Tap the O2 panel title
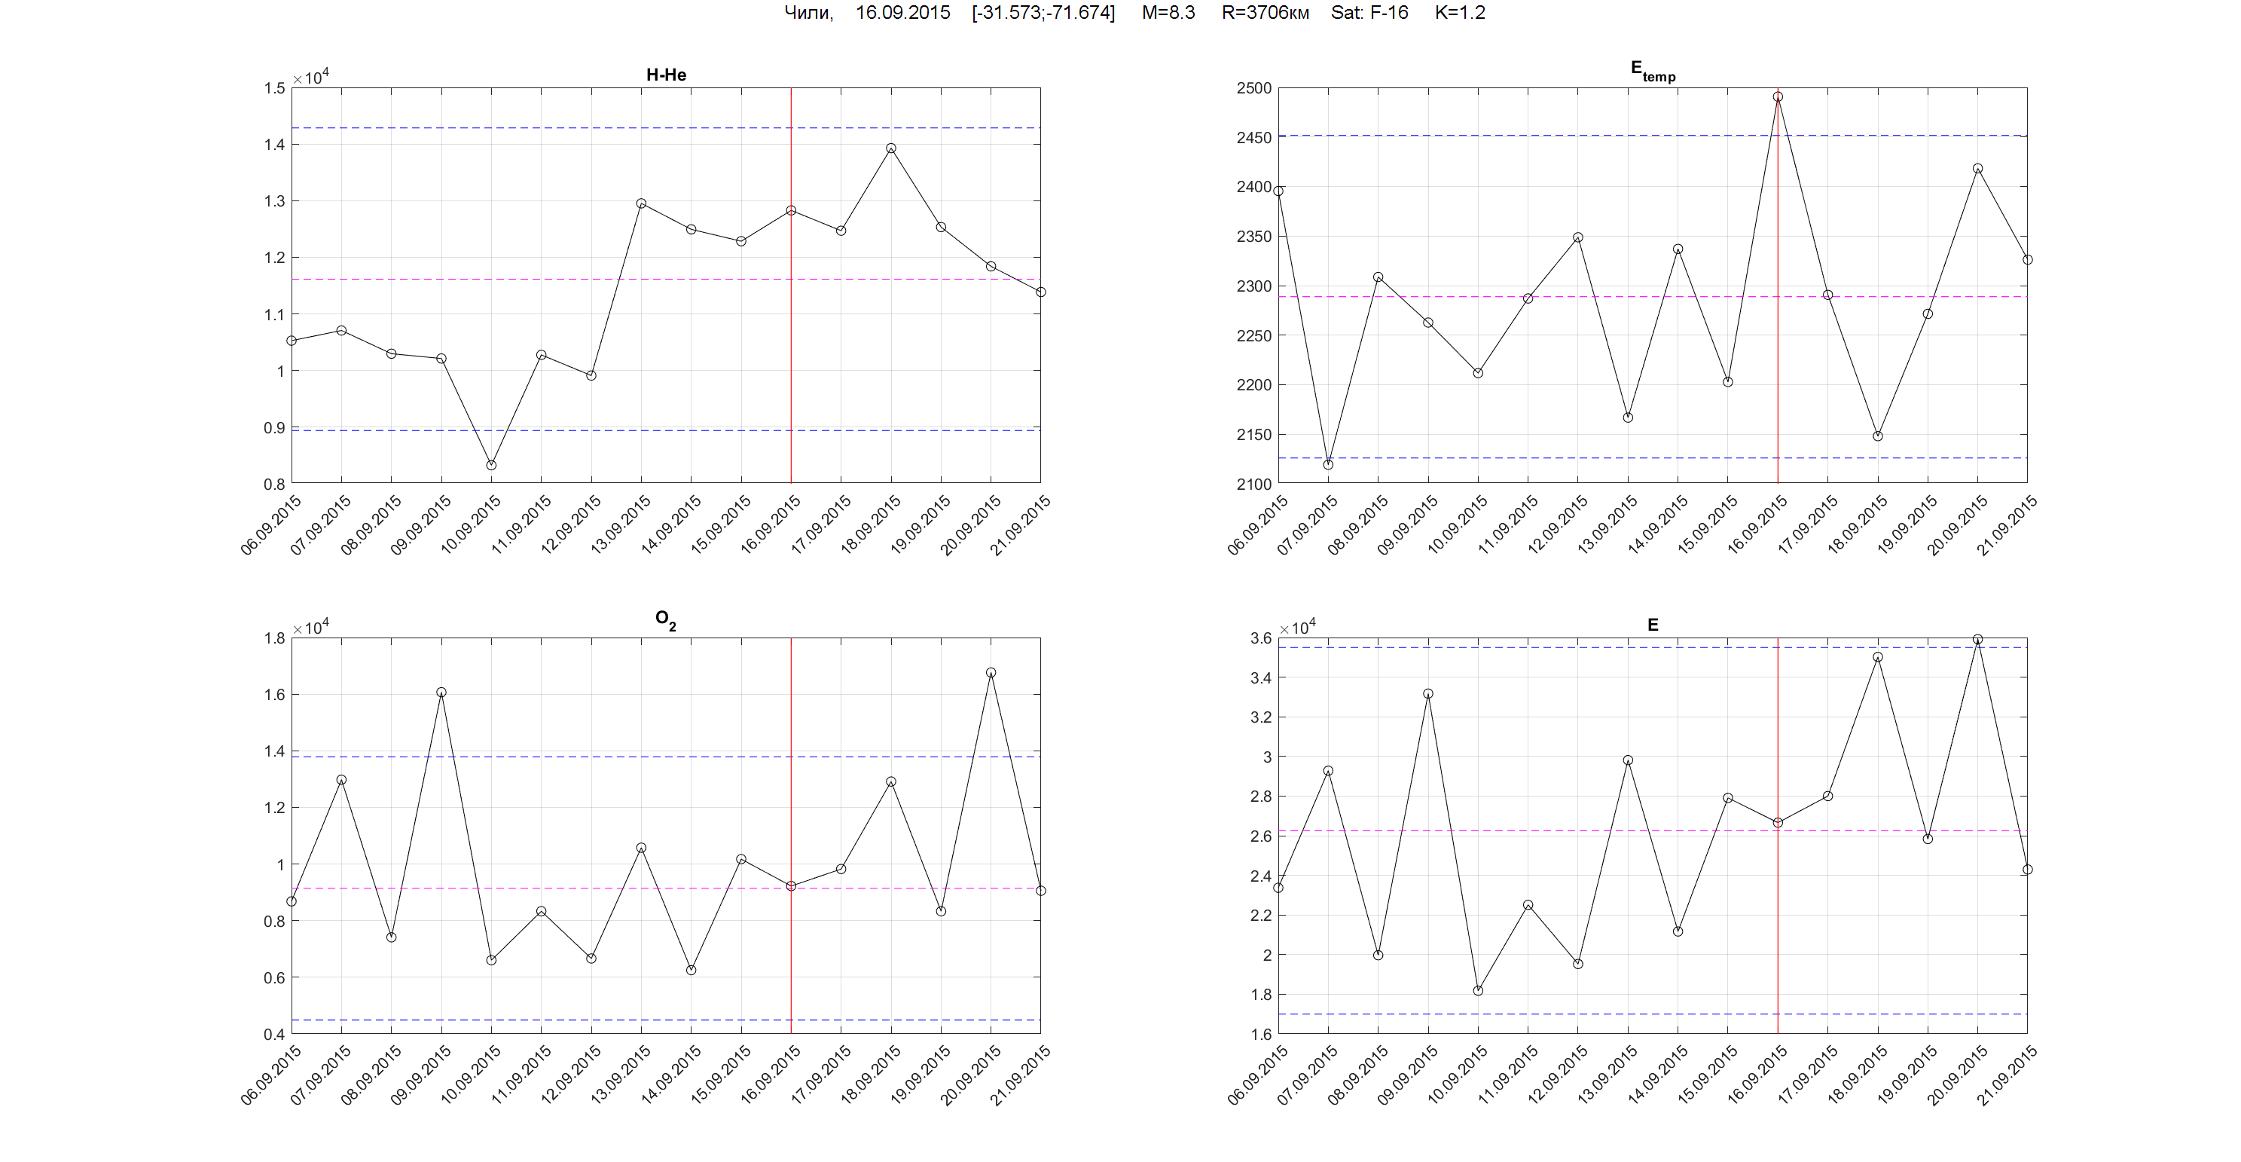(x=665, y=619)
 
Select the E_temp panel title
(x=1652, y=72)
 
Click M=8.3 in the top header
(x=1168, y=13)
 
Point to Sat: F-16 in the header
(x=1369, y=13)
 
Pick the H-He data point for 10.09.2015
(x=492, y=466)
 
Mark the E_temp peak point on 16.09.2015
(x=1778, y=97)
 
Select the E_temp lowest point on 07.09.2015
(x=1329, y=465)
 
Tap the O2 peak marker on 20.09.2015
(x=991, y=673)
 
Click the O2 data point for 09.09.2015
(x=442, y=693)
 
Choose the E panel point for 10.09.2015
(x=1478, y=990)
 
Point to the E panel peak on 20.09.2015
(x=1977, y=640)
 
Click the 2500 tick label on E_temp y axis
(x=1253, y=88)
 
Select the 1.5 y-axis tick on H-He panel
(x=274, y=88)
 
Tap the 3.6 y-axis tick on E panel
(x=1260, y=638)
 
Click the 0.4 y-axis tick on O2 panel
(x=274, y=1034)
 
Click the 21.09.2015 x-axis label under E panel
(x=2007, y=1075)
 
